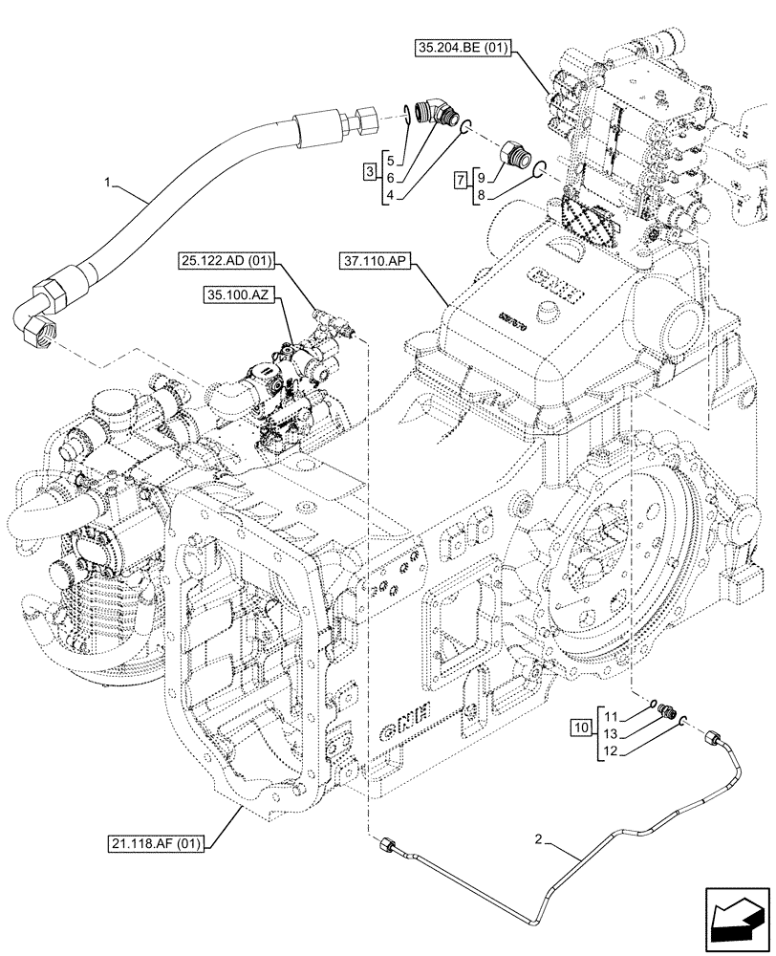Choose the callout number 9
click(x=481, y=178)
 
